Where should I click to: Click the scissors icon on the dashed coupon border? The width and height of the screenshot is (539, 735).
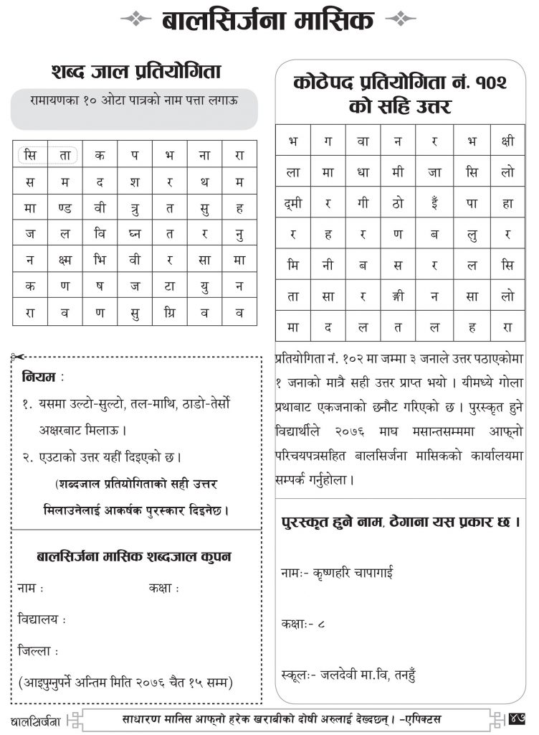(18, 357)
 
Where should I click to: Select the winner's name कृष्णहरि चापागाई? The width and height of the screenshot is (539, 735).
(348, 573)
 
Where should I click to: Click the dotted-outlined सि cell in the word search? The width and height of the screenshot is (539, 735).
(30, 156)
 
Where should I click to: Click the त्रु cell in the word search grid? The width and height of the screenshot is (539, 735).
(135, 208)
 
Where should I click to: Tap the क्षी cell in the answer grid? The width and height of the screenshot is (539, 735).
(507, 141)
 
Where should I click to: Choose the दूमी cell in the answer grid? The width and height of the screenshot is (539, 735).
(293, 203)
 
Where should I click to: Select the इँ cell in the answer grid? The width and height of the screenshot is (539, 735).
(435, 203)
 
